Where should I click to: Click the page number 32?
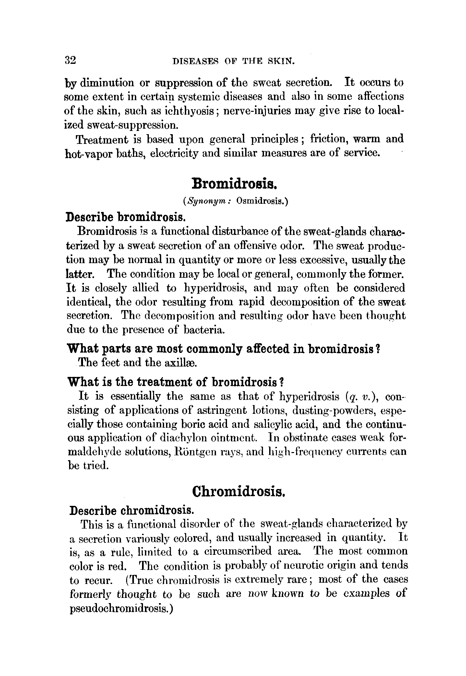[x=70, y=60]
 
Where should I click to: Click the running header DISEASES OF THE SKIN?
[x=233, y=61]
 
